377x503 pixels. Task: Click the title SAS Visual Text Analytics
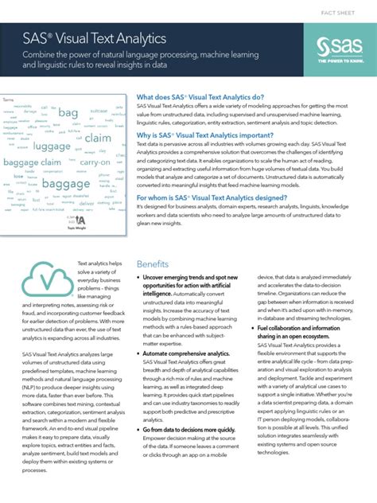coord(95,37)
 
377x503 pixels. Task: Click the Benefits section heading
coord(152,263)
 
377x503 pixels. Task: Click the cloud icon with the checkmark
coord(45,279)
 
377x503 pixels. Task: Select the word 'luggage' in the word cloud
coord(52,146)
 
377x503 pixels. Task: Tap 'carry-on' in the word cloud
coord(95,162)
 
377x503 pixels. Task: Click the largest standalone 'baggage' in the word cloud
coord(66,185)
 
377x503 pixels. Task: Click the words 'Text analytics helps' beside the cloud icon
coord(99,263)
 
